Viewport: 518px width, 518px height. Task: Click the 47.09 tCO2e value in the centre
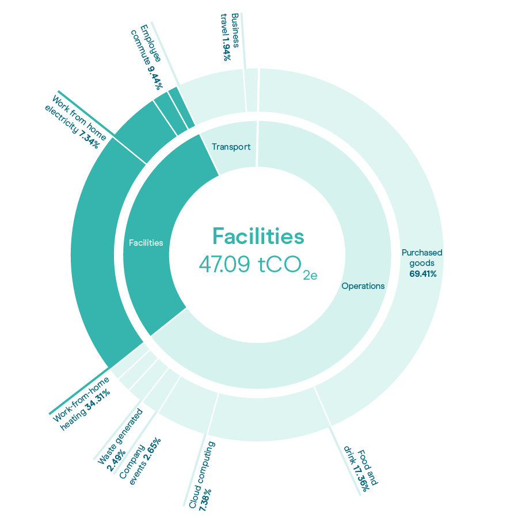[258, 265]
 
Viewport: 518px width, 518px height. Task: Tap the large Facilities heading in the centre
[258, 236]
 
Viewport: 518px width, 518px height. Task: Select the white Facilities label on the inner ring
[146, 243]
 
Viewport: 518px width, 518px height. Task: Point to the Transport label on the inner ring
[231, 147]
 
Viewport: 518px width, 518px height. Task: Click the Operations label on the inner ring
[363, 285]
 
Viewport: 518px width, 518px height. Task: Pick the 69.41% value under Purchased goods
[423, 274]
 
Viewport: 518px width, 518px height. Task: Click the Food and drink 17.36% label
[361, 469]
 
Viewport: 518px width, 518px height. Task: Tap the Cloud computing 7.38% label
[202, 476]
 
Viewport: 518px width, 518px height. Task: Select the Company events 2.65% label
[140, 461]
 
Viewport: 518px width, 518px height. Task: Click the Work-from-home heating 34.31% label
[81, 403]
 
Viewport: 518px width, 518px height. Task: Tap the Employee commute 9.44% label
[147, 57]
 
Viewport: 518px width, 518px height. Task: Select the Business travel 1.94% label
[230, 37]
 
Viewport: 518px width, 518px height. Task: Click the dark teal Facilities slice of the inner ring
[155, 231]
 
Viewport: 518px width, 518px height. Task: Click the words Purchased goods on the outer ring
[422, 258]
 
